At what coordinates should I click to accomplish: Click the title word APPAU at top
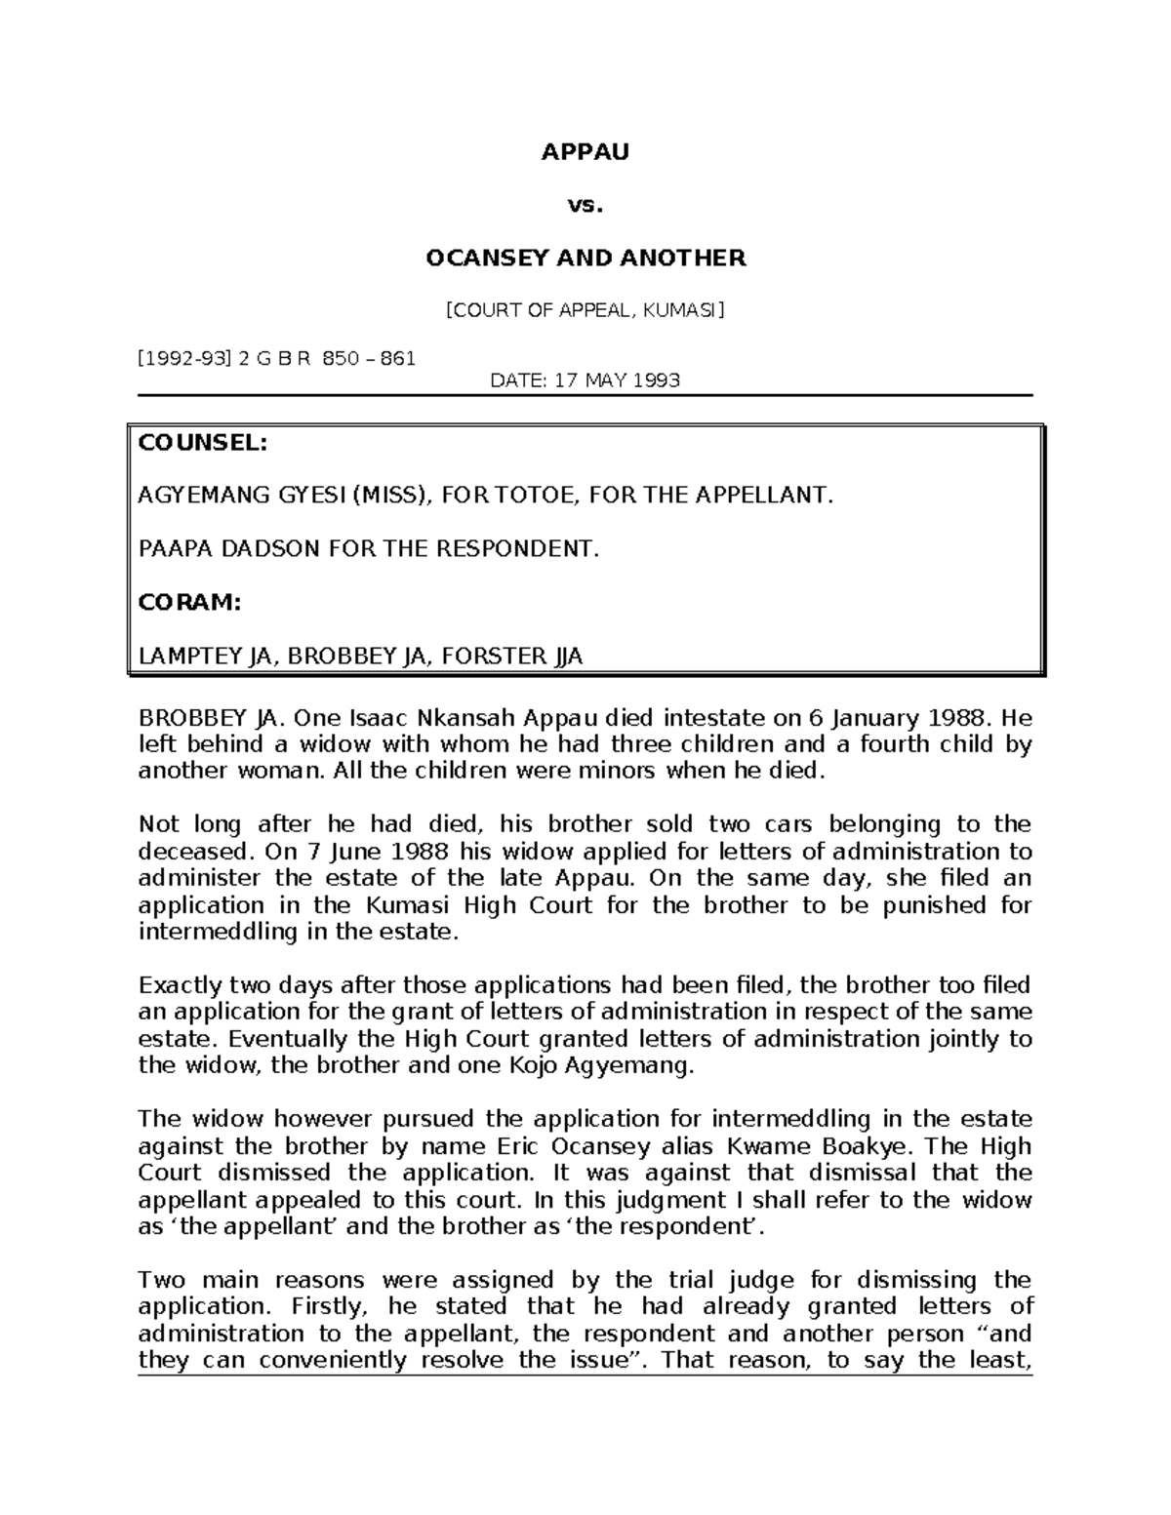pos(585,153)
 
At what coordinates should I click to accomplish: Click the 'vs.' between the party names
pos(585,206)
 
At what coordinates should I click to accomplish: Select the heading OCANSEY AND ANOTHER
pos(585,258)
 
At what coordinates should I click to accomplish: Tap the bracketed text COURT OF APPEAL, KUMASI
pos(585,310)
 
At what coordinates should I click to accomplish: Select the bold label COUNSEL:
pos(202,443)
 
